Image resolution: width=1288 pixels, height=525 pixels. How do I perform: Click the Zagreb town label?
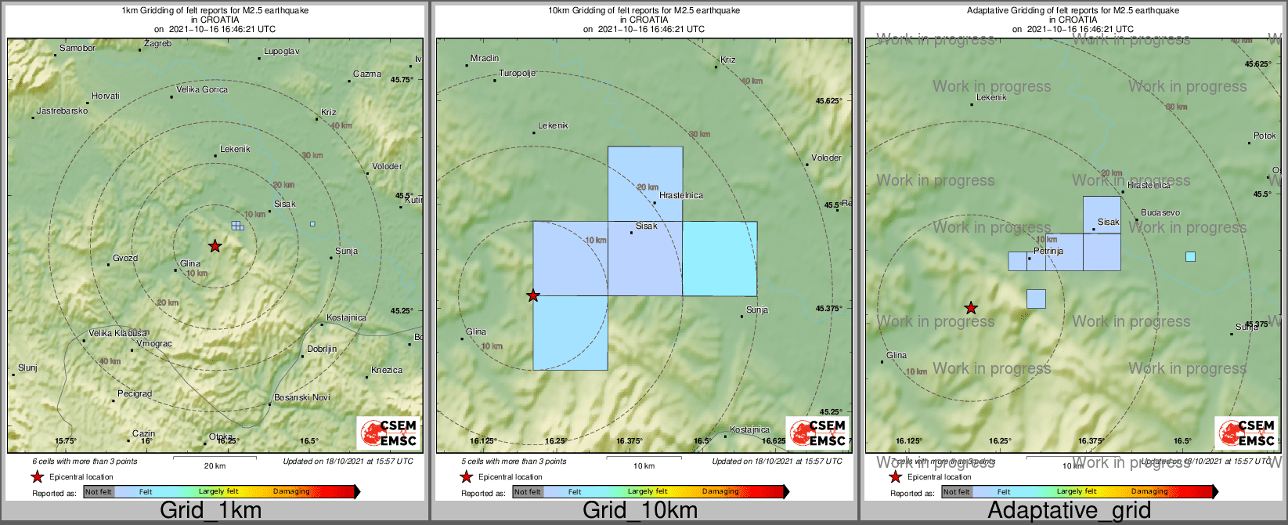pyautogui.click(x=157, y=44)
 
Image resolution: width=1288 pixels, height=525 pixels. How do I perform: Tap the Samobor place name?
pyautogui.click(x=78, y=49)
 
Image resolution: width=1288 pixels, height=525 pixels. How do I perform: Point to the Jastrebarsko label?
pyautogui.click(x=62, y=111)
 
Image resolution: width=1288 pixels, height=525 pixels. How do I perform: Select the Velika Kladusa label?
pyautogui.click(x=117, y=334)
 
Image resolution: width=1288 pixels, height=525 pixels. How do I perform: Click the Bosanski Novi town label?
pyautogui.click(x=302, y=398)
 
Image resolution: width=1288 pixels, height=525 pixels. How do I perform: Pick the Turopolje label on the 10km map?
pyautogui.click(x=518, y=74)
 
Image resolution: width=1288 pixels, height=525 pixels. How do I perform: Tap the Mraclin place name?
pyautogui.click(x=485, y=59)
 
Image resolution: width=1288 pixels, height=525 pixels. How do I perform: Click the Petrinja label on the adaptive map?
pyautogui.click(x=1048, y=252)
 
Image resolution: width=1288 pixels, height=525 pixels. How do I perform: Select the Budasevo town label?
pyautogui.click(x=1160, y=213)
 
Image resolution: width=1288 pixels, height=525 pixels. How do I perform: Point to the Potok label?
pyautogui.click(x=1265, y=136)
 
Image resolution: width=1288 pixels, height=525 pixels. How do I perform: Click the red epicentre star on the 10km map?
pyautogui.click(x=533, y=296)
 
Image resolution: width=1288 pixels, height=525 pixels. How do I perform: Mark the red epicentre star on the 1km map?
pyautogui.click(x=215, y=246)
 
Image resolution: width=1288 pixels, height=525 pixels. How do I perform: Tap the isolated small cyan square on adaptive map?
pyautogui.click(x=1190, y=256)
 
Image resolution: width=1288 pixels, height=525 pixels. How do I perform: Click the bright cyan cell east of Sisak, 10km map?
pyautogui.click(x=720, y=259)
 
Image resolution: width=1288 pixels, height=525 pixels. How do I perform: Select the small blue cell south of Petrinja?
pyautogui.click(x=1036, y=299)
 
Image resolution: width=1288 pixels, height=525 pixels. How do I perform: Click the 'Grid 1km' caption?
pyautogui.click(x=211, y=511)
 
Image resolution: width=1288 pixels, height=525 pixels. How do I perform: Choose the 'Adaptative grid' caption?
pyautogui.click(x=1069, y=511)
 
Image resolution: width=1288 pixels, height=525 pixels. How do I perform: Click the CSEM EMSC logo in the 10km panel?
pyautogui.click(x=817, y=433)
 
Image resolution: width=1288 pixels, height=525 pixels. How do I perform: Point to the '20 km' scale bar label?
pyautogui.click(x=215, y=466)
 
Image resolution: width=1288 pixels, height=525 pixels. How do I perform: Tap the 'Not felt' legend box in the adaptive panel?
pyautogui.click(x=956, y=492)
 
